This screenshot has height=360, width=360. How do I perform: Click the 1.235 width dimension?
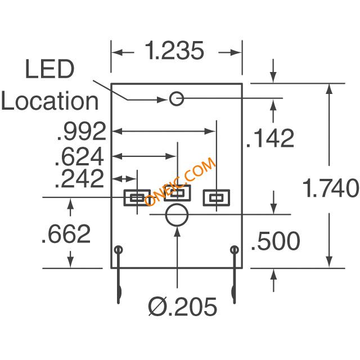click(174, 51)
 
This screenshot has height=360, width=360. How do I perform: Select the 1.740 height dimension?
click(331, 187)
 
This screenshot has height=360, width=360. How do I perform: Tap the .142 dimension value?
click(270, 138)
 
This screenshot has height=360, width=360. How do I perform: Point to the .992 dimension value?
click(82, 131)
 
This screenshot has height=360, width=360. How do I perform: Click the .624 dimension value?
click(79, 156)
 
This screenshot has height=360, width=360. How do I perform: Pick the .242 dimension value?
click(79, 178)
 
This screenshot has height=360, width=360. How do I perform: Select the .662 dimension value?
click(66, 234)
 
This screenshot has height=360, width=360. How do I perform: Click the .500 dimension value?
click(276, 241)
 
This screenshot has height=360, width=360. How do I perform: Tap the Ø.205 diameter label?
click(182, 307)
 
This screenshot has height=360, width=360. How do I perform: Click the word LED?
click(49, 69)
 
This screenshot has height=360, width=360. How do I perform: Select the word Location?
click(50, 101)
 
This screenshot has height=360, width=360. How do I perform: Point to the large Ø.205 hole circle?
click(177, 204)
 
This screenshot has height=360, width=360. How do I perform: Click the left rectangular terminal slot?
click(124, 197)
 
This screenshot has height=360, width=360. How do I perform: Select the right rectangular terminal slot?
click(204, 197)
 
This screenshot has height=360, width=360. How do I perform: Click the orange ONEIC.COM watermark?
click(180, 181)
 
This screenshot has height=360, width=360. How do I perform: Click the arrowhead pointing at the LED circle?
click(163, 100)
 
